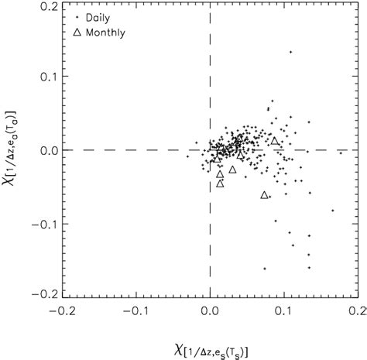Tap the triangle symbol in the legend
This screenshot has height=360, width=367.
tap(76, 33)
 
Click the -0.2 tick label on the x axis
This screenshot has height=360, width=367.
tap(62, 311)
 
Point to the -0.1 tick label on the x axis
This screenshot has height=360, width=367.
tap(135, 311)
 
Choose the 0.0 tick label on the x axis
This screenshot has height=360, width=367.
tap(211, 311)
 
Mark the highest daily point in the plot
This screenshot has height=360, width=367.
tap(290, 52)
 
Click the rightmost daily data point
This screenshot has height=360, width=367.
tap(340, 153)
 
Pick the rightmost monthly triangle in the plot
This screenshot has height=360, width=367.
tap(274, 141)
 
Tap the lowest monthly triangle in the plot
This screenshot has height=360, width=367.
tap(265, 195)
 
